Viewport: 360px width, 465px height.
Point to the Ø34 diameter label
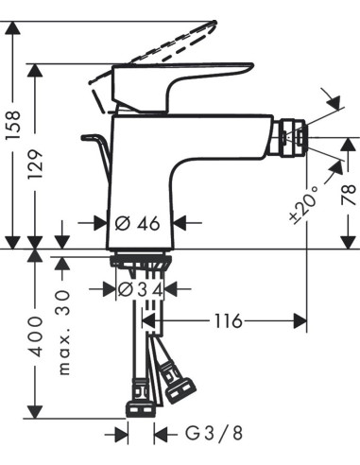click(140, 288)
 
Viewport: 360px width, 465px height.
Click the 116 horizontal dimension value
click(226, 322)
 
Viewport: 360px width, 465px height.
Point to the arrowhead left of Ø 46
click(101, 224)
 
